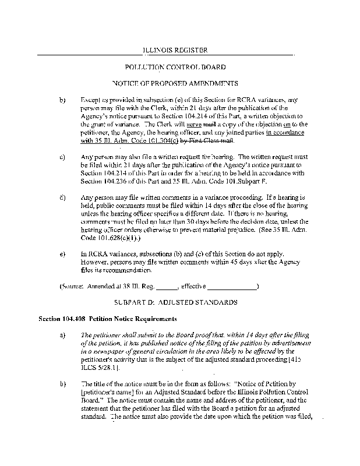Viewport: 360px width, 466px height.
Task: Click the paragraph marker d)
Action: pos(62,197)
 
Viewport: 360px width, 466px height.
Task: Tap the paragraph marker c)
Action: pos(62,157)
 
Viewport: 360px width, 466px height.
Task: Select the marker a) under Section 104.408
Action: pos(62,336)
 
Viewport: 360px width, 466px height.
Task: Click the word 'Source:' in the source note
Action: pos(74,287)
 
